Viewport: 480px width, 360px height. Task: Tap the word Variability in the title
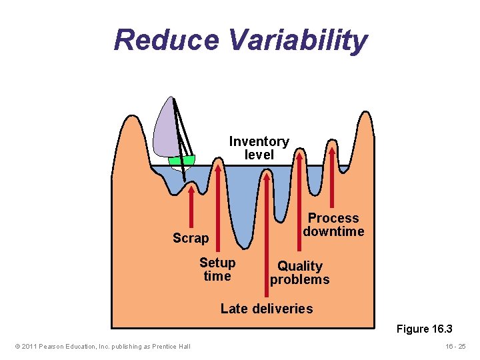pyautogui.click(x=297, y=41)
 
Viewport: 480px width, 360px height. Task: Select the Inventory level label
pyautogui.click(x=259, y=148)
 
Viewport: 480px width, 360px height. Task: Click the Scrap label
pyautogui.click(x=191, y=238)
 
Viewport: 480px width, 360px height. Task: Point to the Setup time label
pyautogui.click(x=217, y=269)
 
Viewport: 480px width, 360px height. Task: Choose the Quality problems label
pyautogui.click(x=299, y=273)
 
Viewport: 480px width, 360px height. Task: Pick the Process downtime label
pyautogui.click(x=333, y=225)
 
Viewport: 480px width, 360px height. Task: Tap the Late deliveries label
pyautogui.click(x=266, y=309)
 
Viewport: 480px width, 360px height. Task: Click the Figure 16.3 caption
pyautogui.click(x=424, y=329)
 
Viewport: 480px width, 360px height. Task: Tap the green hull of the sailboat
pyautogui.click(x=181, y=161)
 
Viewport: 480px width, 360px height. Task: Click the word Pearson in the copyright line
pyautogui.click(x=53, y=346)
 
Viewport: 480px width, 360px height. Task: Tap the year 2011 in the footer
pyautogui.click(x=29, y=346)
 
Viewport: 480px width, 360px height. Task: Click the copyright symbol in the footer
pyautogui.click(x=17, y=346)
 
